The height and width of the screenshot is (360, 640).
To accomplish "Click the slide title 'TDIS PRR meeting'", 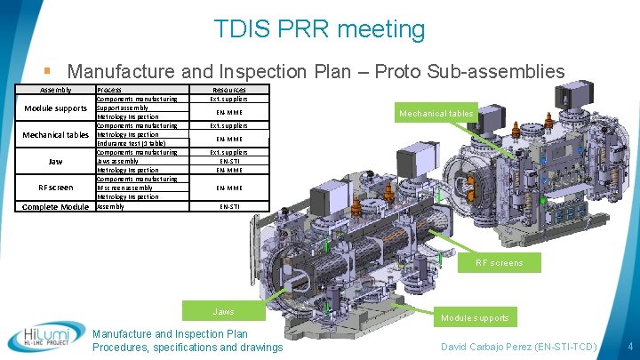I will click(319, 29).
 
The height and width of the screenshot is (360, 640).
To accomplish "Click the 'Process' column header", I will click(109, 90).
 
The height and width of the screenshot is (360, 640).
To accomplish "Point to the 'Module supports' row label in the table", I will click(54, 108).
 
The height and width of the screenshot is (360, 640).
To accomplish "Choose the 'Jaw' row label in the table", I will click(55, 162).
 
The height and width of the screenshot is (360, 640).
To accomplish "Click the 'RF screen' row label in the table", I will click(55, 188).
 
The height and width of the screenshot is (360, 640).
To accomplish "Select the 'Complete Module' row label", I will click(55, 206).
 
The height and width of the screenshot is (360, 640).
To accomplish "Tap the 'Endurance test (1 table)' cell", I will click(132, 143).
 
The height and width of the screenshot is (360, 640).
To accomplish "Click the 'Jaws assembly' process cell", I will click(120, 161).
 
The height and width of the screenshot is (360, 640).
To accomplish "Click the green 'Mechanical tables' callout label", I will click(436, 113).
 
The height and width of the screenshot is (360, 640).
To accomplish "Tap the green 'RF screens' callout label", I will click(499, 262).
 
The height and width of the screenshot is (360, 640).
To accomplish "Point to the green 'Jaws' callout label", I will click(224, 311).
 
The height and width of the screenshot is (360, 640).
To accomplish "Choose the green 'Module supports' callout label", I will click(476, 317).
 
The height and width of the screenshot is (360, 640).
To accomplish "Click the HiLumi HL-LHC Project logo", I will click(44, 335).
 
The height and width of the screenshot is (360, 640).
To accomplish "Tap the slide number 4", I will click(629, 345).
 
